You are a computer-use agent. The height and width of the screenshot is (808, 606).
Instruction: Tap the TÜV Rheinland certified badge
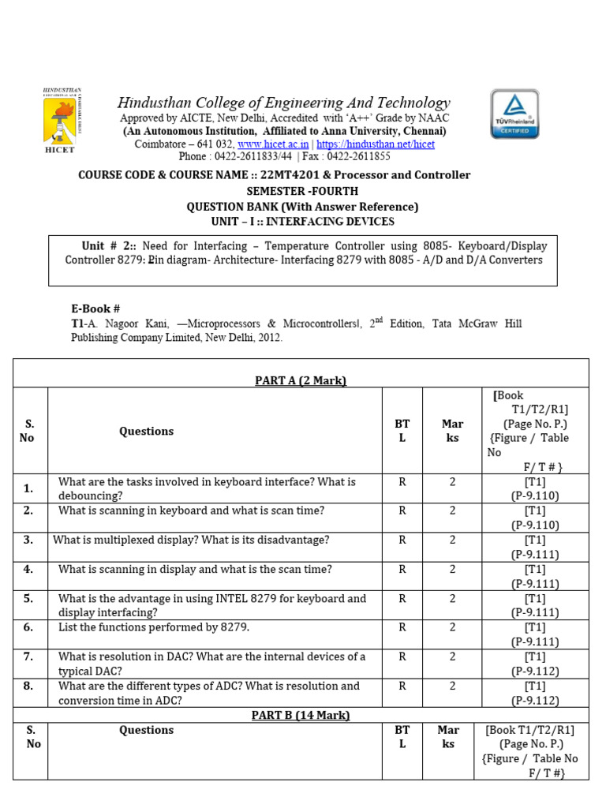[x=514, y=114]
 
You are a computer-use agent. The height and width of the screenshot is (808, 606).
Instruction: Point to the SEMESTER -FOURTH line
[x=302, y=191]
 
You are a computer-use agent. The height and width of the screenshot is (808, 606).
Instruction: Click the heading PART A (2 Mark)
[x=301, y=380]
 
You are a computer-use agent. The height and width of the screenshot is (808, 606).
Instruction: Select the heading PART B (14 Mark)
[x=301, y=715]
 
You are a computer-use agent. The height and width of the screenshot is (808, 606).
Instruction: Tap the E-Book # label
[x=95, y=309]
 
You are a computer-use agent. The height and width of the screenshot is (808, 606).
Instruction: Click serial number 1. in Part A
[x=28, y=488]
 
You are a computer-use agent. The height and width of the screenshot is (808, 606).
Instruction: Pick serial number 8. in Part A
[x=28, y=686]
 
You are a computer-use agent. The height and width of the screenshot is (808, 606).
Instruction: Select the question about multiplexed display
[x=191, y=540]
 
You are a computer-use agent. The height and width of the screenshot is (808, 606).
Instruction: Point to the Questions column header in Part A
[x=147, y=431]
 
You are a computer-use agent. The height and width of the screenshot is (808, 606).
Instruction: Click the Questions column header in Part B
[x=147, y=730]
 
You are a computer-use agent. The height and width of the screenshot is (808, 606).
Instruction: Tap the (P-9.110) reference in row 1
[x=535, y=496]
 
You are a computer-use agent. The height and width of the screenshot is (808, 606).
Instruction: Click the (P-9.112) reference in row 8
[x=535, y=700]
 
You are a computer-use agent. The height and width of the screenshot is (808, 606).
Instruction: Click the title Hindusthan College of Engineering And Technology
[x=284, y=103]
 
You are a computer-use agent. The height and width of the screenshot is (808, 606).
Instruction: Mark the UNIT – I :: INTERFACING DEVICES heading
[x=302, y=222]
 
